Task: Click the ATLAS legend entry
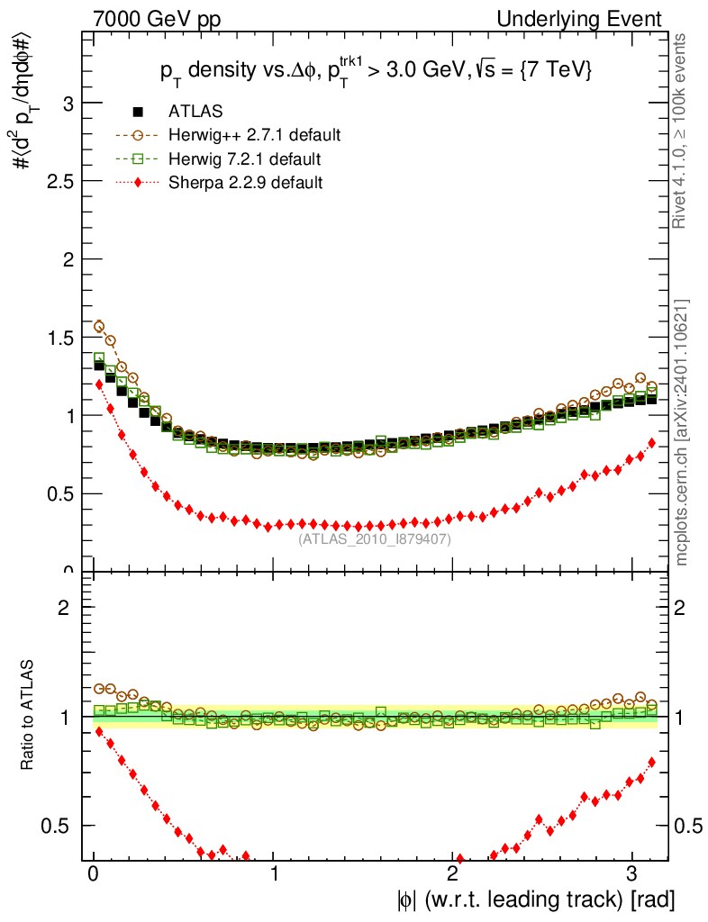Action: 195,113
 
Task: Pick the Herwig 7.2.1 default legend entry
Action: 244,159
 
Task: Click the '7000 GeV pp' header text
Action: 163,19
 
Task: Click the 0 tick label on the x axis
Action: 93,875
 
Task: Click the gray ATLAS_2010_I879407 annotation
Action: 375,539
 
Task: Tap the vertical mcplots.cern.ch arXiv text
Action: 684,432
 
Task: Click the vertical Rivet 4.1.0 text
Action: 684,131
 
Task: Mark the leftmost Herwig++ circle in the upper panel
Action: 99,326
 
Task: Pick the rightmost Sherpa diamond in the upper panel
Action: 651,442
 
